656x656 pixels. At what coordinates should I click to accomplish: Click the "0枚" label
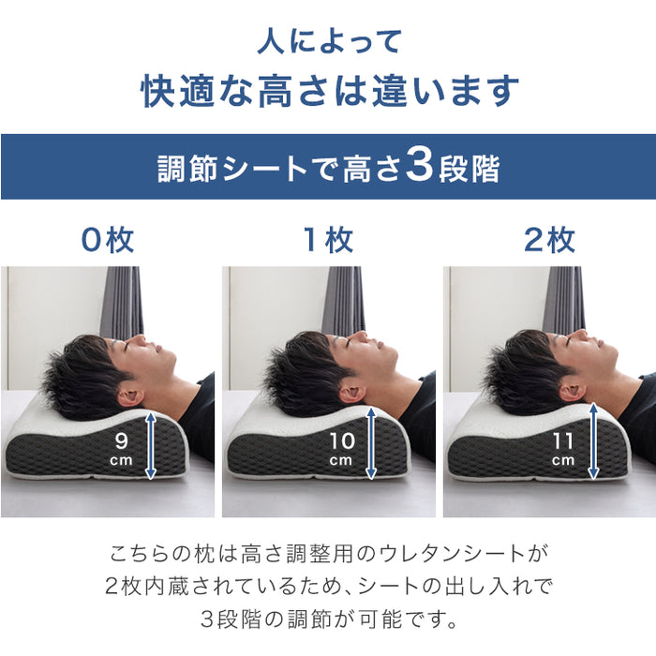pos(108,241)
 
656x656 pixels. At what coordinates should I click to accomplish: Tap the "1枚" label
pos(327,241)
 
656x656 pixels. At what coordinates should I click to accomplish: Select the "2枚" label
pos(549,241)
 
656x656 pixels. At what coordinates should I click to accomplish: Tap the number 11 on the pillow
pos(562,439)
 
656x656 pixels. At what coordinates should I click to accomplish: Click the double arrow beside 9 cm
pos(150,445)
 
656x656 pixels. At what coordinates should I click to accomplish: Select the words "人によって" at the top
pos(328,41)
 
